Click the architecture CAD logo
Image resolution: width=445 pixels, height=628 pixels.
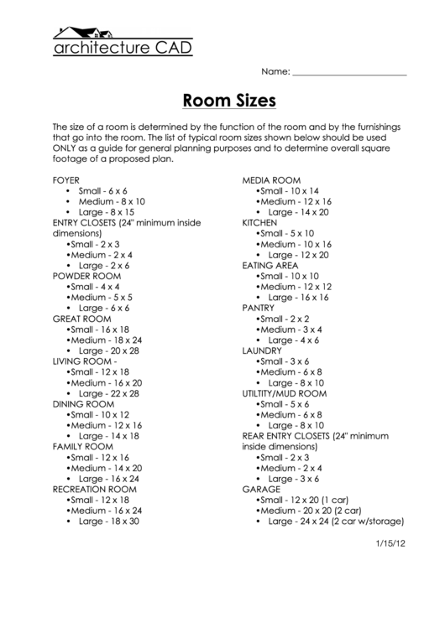coord(123,42)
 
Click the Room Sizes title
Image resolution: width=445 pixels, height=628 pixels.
coord(229,101)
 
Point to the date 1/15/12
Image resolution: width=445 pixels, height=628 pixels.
coord(390,542)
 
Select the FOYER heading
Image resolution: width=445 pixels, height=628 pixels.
coord(66,180)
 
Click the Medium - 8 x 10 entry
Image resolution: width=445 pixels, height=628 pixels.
coord(112,201)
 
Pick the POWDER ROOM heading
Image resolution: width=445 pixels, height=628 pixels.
coord(86,275)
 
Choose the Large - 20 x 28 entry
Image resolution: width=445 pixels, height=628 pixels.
coord(109,350)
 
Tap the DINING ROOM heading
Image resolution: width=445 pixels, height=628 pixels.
coord(82,403)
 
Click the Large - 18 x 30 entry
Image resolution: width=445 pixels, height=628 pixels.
coord(109,521)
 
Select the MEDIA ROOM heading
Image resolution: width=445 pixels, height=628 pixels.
coord(271,180)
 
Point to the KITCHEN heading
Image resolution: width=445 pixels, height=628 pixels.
coord(259,222)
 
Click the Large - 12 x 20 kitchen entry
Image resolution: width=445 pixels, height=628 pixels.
coord(298,254)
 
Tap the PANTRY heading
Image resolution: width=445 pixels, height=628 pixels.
coord(259,308)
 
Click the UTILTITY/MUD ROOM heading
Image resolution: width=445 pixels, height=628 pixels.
coord(284,392)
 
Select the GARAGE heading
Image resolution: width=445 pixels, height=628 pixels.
coord(261,488)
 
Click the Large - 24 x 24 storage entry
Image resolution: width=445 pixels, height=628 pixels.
coord(336,521)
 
